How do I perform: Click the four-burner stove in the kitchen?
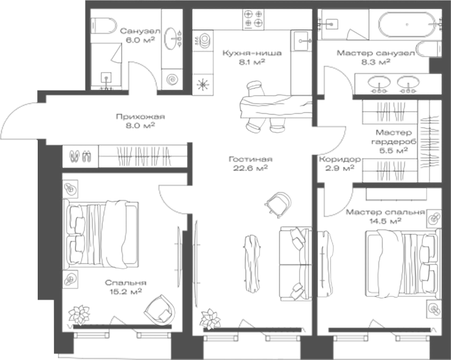(253, 20)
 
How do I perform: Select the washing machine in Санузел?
(172, 79)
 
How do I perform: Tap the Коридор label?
(336, 159)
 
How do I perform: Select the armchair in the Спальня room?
(158, 308)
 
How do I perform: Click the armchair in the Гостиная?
(278, 202)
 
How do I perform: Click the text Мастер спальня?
(377, 213)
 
